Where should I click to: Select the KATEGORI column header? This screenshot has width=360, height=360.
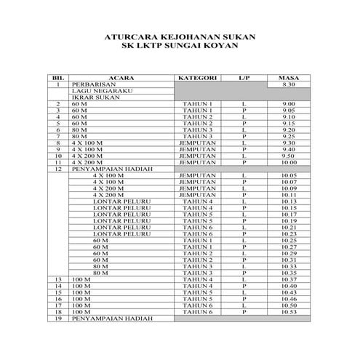pos(198,77)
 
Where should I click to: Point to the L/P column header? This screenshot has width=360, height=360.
pos(244,77)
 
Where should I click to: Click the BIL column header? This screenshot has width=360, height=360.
pos(57,77)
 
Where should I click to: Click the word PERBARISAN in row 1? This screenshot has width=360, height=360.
pos(91,84)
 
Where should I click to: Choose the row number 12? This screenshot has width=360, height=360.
pos(57,169)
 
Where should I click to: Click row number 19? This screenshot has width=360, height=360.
pos(57,319)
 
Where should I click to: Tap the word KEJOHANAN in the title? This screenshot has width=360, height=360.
pos(172,36)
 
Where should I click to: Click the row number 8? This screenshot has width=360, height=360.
pos(57,143)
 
